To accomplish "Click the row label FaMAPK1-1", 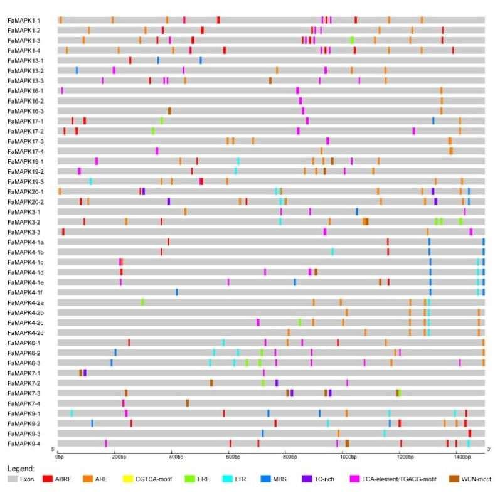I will [24, 20].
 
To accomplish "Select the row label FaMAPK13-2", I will [25, 70].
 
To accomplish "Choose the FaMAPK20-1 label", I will [25, 191].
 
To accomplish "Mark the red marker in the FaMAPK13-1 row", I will [130, 60].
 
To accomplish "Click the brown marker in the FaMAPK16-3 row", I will [169, 110].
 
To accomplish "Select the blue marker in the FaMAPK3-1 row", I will [357, 211].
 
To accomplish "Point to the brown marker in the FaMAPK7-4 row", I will [188, 403].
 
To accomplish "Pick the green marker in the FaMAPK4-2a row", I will [142, 302].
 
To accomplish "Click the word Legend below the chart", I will [21, 468].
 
